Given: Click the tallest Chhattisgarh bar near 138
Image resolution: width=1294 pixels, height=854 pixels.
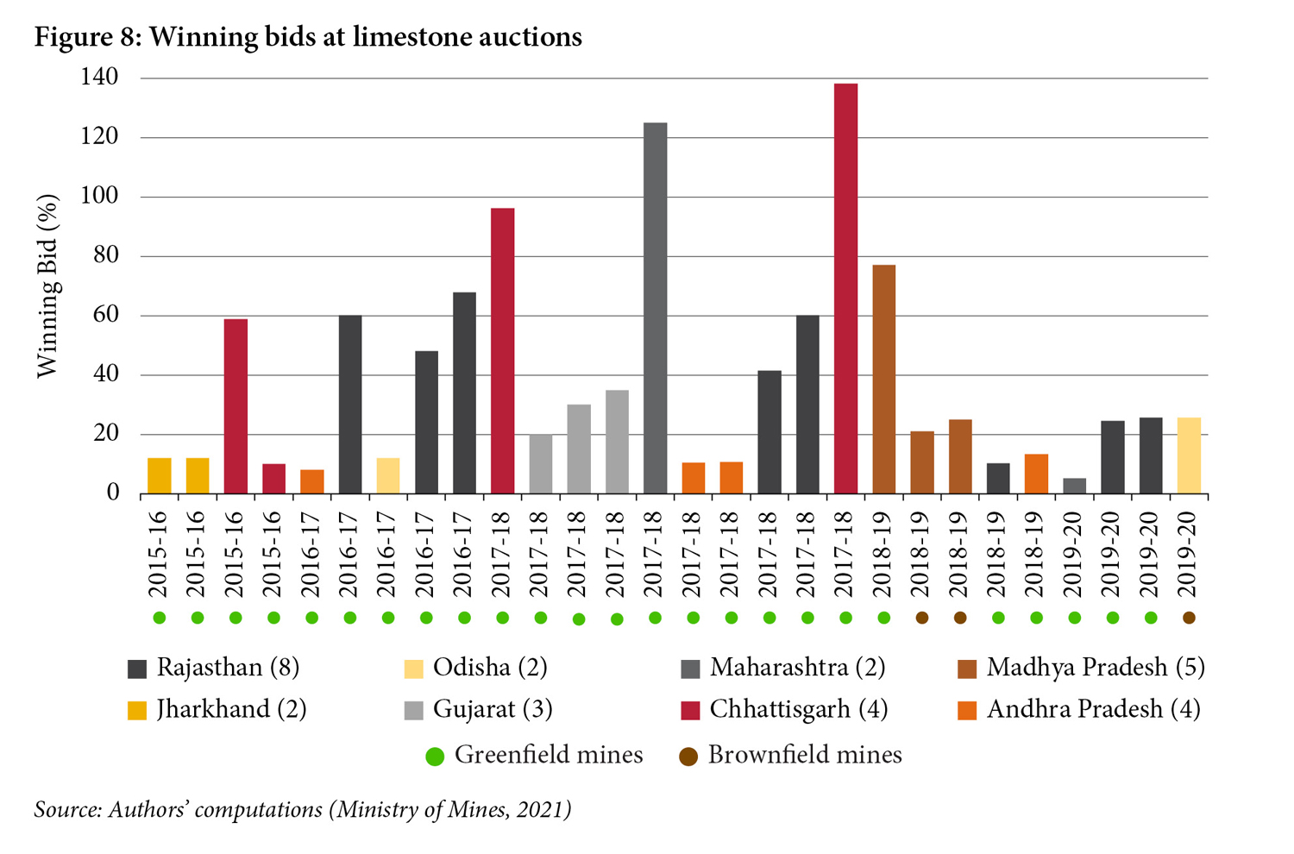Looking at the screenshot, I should pyautogui.click(x=845, y=289).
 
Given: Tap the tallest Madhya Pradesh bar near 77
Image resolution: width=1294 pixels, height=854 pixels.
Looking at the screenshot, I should pyautogui.click(x=883, y=380).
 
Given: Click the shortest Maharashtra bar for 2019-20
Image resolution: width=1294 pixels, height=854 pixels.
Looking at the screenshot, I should pyautogui.click(x=1074, y=486).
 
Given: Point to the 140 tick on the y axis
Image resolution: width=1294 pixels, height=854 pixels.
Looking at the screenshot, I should pyautogui.click(x=99, y=78).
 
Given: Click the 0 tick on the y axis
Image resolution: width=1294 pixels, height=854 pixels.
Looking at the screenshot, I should pyautogui.click(x=112, y=493).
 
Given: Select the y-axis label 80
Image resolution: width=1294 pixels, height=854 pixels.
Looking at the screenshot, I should pyautogui.click(x=105, y=256).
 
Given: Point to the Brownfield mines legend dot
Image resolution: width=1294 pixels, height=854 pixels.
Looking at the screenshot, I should pyautogui.click(x=688, y=757).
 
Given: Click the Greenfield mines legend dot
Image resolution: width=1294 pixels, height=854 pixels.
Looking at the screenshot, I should pyautogui.click(x=435, y=757).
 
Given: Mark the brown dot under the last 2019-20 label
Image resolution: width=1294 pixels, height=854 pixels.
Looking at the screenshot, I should pyautogui.click(x=1189, y=618).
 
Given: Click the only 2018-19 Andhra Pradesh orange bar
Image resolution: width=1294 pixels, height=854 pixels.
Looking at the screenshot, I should pyautogui.click(x=1036, y=474).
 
